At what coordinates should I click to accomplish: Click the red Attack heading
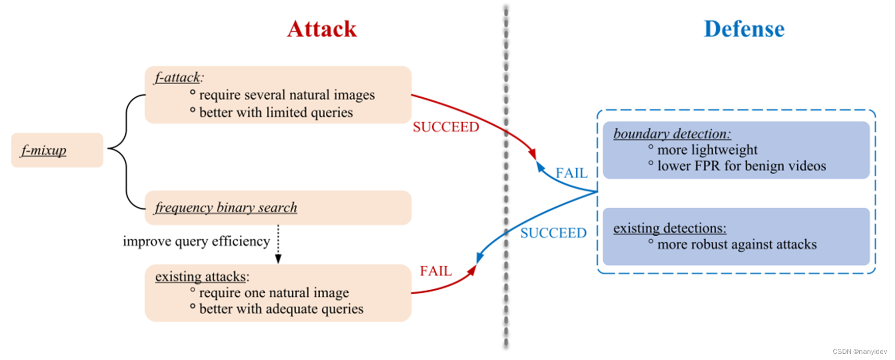point(322,29)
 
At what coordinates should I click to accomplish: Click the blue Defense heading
point(744,29)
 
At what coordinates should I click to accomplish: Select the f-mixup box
point(57,150)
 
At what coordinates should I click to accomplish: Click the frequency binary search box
point(277,208)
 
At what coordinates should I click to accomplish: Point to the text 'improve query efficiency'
point(196,241)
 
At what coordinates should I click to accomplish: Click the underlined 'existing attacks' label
point(201,276)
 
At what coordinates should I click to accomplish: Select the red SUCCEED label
point(445,127)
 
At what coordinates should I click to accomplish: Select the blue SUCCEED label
point(553,233)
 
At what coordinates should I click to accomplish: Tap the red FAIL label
point(435,271)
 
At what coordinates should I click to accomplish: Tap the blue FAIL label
point(571,173)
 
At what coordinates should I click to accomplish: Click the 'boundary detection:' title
point(672,134)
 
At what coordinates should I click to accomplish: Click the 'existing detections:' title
point(669,228)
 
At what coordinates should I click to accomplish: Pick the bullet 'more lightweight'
point(707,150)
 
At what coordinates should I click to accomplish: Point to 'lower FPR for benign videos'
point(741,166)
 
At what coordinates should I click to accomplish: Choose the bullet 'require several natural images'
point(287,95)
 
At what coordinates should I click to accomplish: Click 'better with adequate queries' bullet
point(281,309)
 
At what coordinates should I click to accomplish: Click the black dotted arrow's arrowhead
point(278,259)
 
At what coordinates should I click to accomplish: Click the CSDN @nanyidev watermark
point(859,351)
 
